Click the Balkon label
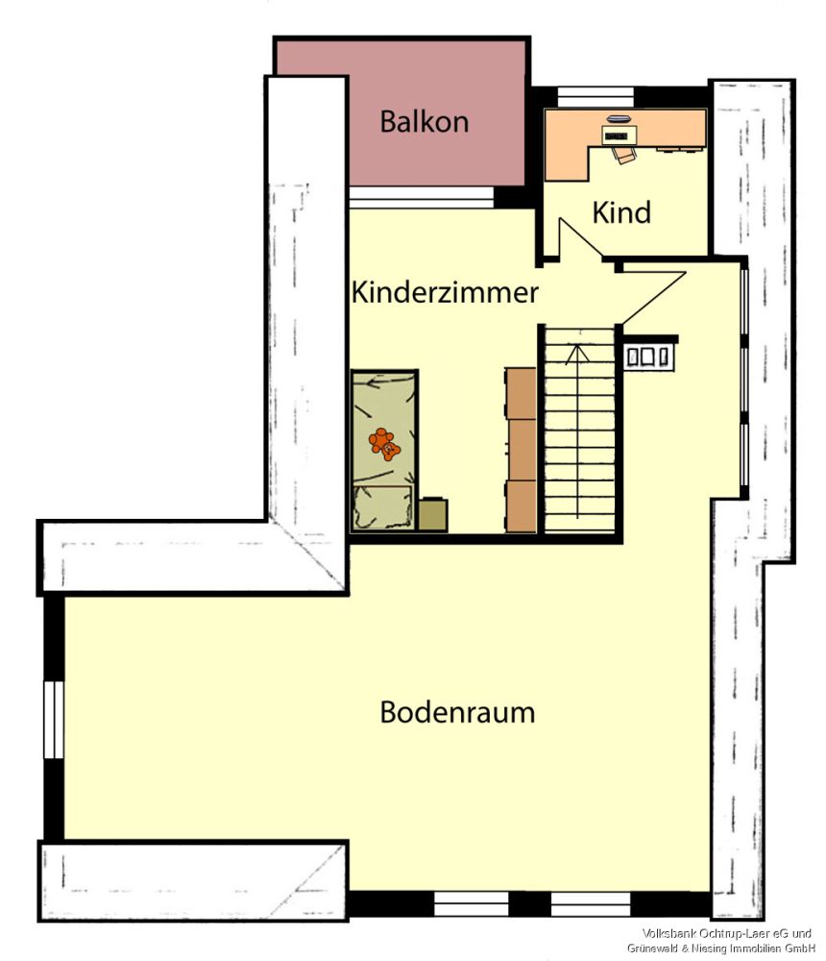point(424,122)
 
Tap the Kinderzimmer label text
point(445,292)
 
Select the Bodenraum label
point(457,713)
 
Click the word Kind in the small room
point(621,212)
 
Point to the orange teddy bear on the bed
point(385,444)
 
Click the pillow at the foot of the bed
point(383,506)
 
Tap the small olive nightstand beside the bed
point(433,514)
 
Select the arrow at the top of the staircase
point(576,354)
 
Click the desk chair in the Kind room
point(624,154)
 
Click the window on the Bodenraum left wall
point(53,720)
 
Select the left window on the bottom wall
point(471,903)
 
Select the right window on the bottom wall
point(590,903)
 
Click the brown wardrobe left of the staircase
point(522,449)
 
